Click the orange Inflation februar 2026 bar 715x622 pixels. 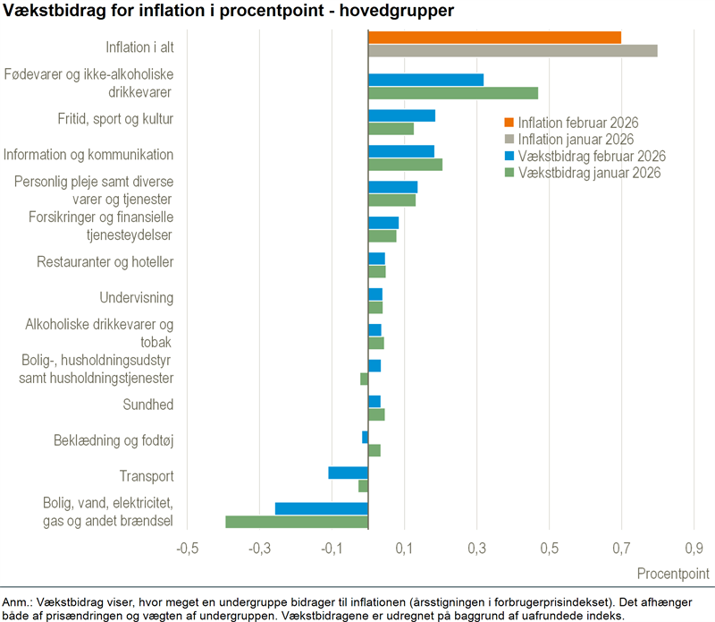tap(494, 37)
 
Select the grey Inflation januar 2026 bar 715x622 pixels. tap(512, 50)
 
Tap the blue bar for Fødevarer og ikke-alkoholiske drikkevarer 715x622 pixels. tap(425, 80)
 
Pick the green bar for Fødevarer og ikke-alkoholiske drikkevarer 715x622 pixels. tap(453, 93)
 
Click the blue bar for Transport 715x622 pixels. tap(348, 473)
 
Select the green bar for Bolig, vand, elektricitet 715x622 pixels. tap(297, 522)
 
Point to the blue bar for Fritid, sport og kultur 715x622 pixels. tap(401, 115)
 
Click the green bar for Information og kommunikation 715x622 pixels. tap(405, 165)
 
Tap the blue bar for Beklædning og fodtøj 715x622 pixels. tap(365, 437)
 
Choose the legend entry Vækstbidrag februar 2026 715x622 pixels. tap(592, 157)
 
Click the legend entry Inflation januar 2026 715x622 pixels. tap(576, 140)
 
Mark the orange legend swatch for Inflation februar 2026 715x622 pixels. tap(509, 124)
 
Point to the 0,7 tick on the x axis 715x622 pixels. tap(621, 547)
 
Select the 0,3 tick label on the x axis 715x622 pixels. tap(476, 547)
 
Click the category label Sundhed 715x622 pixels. tap(147, 405)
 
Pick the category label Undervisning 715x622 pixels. tap(136, 297)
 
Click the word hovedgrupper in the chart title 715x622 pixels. tap(386, 12)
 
